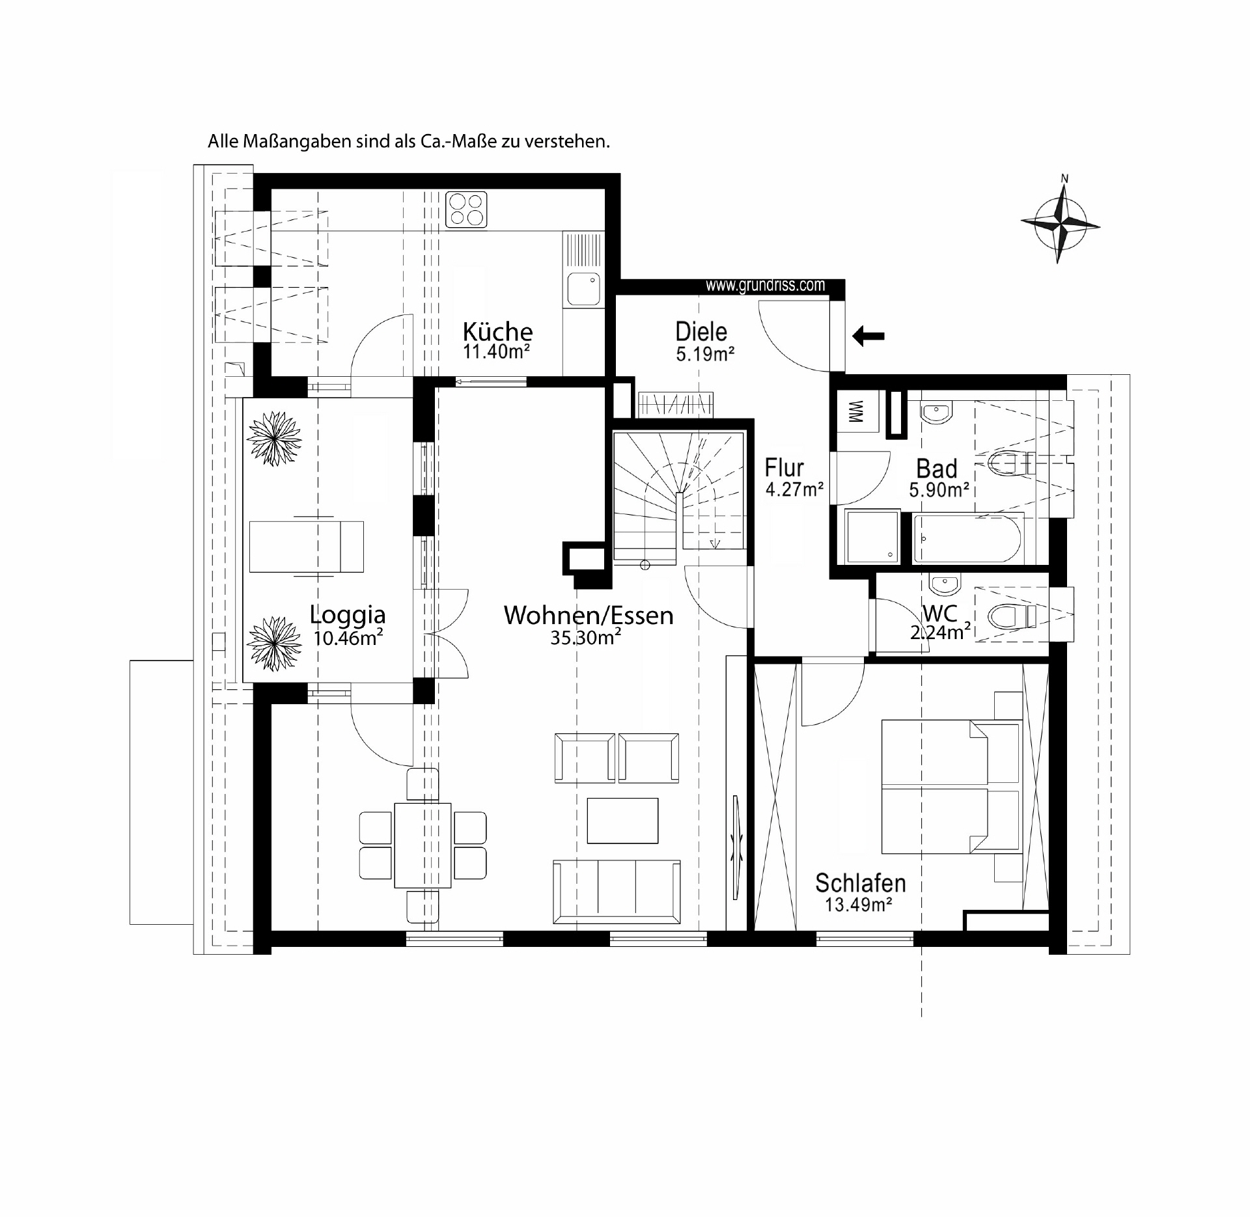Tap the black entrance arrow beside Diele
point(868,336)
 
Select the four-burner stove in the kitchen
point(466,210)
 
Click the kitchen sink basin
point(583,289)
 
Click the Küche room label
point(497,332)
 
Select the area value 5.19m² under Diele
point(705,354)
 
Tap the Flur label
point(784,468)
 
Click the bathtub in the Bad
point(968,538)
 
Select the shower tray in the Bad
point(873,537)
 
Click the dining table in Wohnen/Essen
point(423,845)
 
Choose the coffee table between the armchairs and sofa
point(622,820)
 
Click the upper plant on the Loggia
point(274,438)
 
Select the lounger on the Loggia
point(306,547)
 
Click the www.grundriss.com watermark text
point(765,285)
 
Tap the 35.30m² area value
point(585,638)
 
